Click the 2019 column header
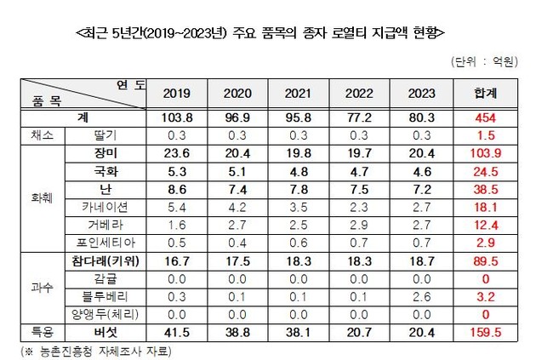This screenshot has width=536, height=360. (x=175, y=94)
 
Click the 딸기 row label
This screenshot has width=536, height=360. (x=105, y=134)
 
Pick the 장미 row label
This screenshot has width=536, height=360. (x=105, y=154)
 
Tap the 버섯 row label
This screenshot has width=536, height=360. (x=105, y=329)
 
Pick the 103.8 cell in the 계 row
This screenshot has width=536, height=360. (x=175, y=116)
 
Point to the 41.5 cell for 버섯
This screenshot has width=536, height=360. (x=175, y=329)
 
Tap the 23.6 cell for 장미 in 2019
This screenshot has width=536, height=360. (x=175, y=154)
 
